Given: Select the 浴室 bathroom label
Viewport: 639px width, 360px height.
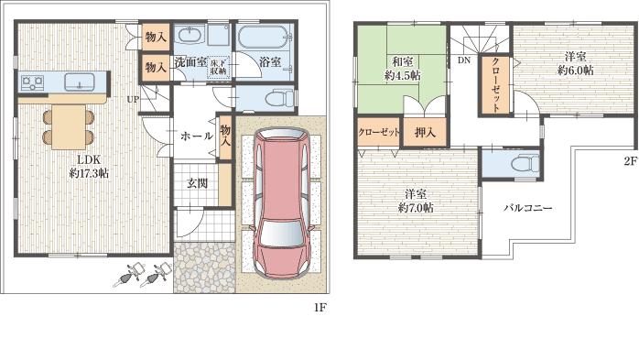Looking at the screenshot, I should (270, 62).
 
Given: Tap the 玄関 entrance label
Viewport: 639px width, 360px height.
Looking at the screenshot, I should (197, 182).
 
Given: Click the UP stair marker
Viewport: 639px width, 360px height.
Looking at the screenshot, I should (133, 98).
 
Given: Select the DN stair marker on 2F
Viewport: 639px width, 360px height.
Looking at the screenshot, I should (463, 60).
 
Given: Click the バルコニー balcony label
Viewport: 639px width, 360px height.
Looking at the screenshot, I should (527, 209).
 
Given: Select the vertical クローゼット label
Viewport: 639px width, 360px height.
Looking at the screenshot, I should (495, 85).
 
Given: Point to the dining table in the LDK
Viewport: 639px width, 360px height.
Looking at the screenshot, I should (68, 124).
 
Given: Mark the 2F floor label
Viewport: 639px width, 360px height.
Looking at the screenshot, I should (630, 158).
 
